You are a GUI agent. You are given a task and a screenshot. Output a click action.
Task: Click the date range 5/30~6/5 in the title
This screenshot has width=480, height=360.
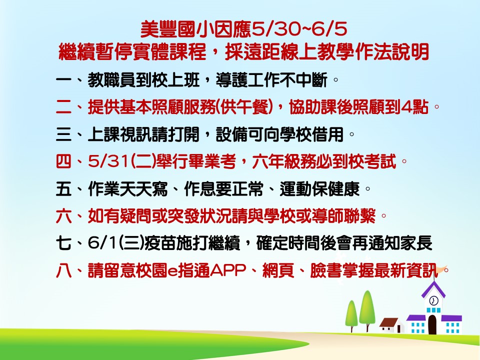(x=299, y=29)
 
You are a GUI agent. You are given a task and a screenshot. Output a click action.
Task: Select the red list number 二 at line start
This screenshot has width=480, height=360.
(x=63, y=107)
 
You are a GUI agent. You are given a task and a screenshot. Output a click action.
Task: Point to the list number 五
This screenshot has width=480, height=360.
(x=63, y=189)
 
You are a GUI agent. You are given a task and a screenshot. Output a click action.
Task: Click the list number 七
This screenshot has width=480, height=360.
(x=63, y=243)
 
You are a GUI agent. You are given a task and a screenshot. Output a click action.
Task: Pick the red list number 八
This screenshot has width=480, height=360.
(x=63, y=270)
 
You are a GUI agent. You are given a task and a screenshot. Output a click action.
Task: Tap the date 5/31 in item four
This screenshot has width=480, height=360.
(x=108, y=161)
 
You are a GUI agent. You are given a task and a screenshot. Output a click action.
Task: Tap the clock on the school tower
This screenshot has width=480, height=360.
(x=433, y=300)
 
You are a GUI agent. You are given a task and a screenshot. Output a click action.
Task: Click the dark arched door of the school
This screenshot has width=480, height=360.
(x=432, y=324)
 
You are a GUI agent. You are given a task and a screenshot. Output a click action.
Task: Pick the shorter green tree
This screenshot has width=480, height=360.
(x=351, y=316)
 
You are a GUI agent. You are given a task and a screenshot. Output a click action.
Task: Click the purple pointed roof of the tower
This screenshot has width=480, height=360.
(x=433, y=289)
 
